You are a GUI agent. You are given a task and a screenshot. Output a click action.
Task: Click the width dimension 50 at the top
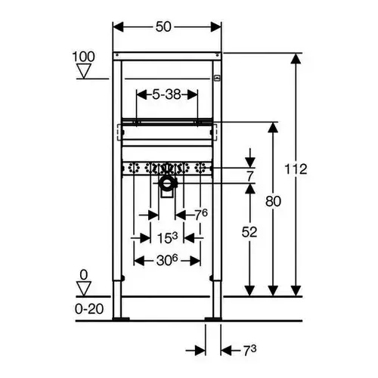[163, 26]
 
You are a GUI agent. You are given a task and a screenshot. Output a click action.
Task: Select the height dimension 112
[296, 169]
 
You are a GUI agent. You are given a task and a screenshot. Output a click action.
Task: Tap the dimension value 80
[273, 201]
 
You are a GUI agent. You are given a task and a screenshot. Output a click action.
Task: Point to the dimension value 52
[249, 232]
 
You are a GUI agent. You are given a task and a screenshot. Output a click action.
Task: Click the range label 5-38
[166, 94]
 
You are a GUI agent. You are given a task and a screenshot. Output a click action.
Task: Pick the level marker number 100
[83, 57]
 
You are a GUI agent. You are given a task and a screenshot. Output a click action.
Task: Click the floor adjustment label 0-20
[89, 308]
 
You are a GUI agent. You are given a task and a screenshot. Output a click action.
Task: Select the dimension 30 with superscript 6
[167, 260]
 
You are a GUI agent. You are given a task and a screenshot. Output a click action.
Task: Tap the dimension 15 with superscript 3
[167, 237]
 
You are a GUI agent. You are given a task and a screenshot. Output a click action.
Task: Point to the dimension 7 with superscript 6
[201, 215]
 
